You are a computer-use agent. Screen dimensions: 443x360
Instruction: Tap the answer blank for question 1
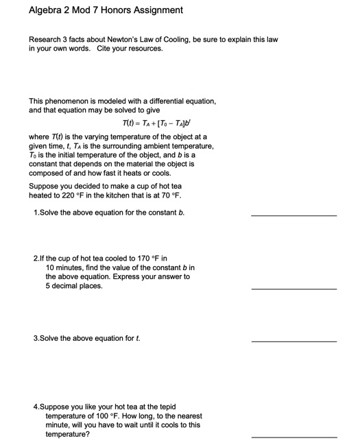[293, 215]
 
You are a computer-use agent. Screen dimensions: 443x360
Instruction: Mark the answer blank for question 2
[293, 288]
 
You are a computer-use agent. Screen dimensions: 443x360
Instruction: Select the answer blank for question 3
[293, 340]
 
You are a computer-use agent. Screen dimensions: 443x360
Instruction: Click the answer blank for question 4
[293, 435]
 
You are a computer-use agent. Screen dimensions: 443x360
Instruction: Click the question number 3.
[36, 338]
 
